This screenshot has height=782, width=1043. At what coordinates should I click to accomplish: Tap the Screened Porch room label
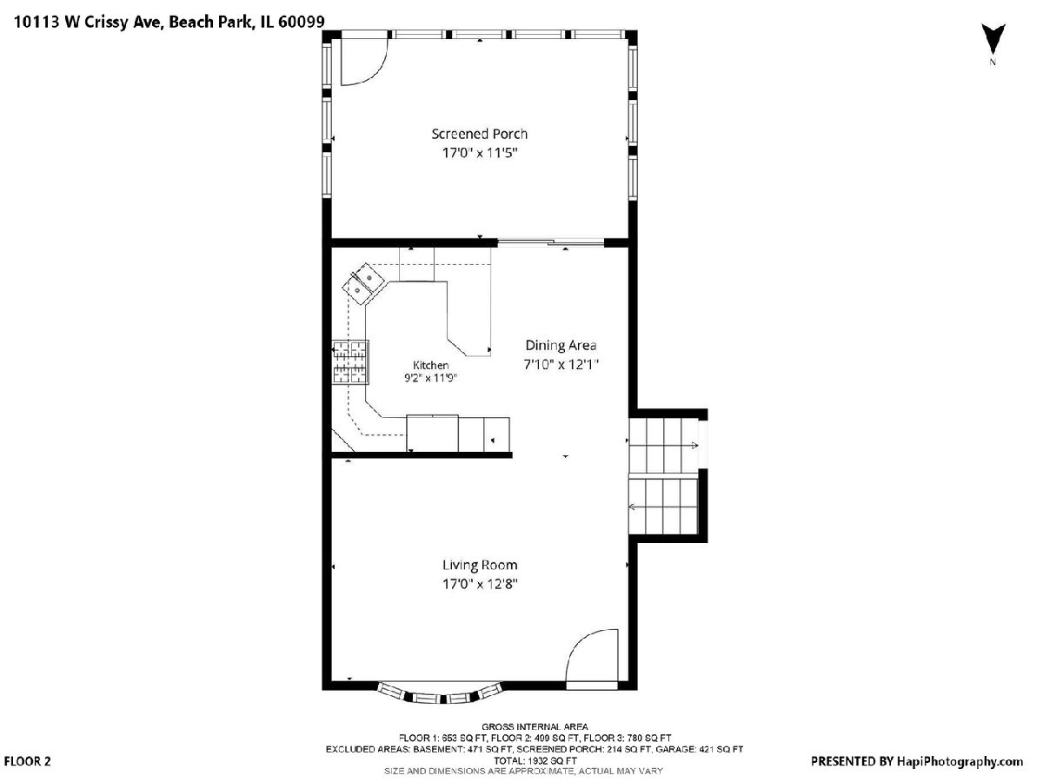tap(480, 134)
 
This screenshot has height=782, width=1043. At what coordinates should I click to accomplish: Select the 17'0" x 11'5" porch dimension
tap(480, 153)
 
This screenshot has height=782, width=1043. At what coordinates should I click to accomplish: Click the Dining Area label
tap(561, 345)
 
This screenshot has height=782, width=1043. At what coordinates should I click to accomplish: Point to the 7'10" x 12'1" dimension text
tap(561, 364)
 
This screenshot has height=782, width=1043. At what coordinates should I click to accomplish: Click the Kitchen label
tap(430, 365)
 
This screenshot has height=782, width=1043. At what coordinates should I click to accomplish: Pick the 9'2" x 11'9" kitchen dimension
tap(430, 378)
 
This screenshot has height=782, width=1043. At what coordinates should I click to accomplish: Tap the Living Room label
tap(480, 565)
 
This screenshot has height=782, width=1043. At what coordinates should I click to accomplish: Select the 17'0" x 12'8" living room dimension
tap(480, 584)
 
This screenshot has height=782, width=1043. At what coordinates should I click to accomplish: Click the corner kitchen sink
tap(364, 284)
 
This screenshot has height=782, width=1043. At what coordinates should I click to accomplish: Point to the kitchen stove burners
tap(350, 362)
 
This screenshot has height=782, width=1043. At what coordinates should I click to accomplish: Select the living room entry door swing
tap(592, 656)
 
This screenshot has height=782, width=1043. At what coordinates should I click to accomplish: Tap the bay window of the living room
tap(440, 695)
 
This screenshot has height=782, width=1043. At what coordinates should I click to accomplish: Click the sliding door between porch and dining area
tap(550, 243)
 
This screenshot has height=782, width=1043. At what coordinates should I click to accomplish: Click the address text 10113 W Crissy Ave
tap(90, 23)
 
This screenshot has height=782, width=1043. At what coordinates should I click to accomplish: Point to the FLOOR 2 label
tap(27, 762)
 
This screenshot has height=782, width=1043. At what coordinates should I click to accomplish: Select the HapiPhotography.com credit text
tap(960, 761)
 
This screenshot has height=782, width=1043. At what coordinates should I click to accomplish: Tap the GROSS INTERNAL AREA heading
tap(535, 727)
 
